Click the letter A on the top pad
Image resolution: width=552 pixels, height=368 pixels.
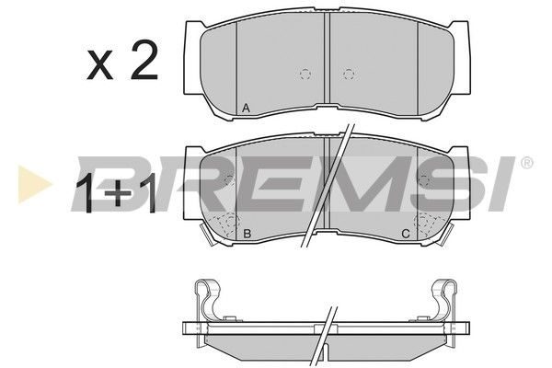tap(246, 109)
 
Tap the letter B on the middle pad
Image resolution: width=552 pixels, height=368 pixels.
tap(247, 233)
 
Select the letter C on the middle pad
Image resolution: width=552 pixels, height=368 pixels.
tap(406, 233)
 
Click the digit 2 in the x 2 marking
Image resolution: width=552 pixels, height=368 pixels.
tap(144, 60)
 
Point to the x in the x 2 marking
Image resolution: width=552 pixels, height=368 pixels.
tap(100, 64)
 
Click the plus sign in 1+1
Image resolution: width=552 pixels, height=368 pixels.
tap(119, 194)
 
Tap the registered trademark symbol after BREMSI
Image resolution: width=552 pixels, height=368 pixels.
tap(526, 164)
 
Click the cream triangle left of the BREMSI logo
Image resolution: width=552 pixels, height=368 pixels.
tap(34, 184)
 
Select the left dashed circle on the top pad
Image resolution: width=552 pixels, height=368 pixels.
tap(305, 74)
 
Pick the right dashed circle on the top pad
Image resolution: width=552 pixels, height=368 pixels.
tap(348, 74)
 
